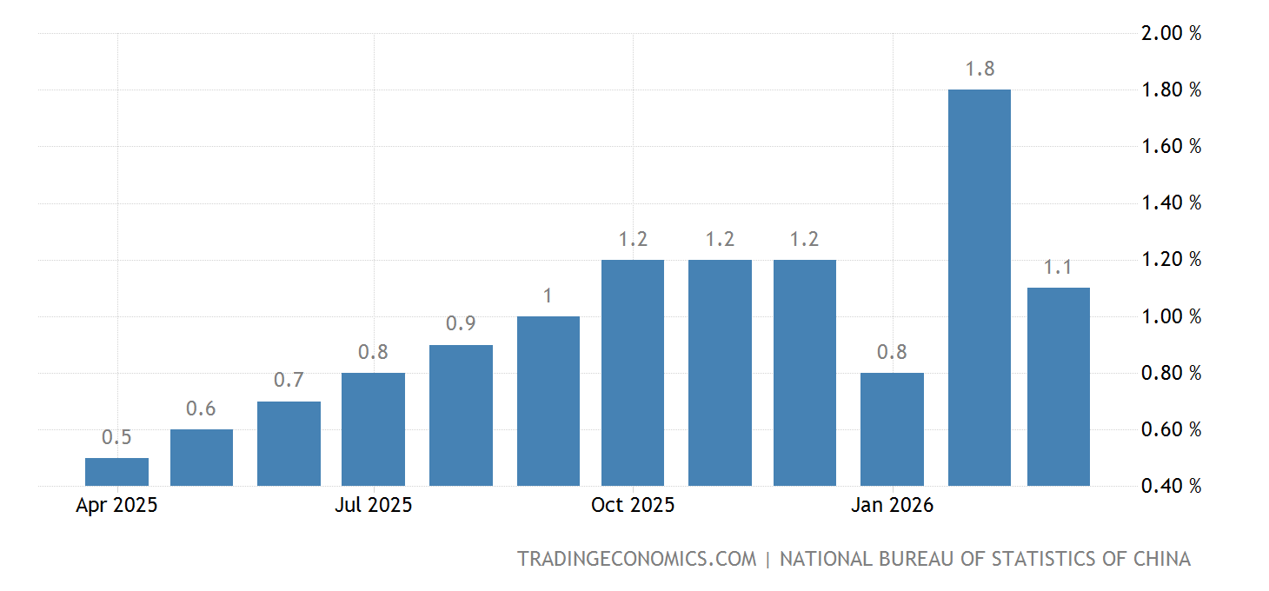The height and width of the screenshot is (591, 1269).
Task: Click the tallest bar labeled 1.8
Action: tap(979, 287)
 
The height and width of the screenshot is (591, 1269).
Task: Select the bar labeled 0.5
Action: tap(116, 472)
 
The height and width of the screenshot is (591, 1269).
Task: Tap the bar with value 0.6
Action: tap(202, 457)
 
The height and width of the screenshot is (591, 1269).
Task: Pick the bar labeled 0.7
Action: tap(289, 443)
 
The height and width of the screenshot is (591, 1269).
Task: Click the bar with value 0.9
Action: tap(461, 415)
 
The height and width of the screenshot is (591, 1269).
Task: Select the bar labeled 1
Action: tap(548, 401)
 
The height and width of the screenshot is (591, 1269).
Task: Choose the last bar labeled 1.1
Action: tap(1058, 387)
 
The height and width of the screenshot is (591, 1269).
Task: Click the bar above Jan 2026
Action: tap(892, 429)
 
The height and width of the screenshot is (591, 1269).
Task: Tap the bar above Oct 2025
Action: tap(633, 373)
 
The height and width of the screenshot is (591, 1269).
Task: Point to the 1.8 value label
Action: tap(980, 69)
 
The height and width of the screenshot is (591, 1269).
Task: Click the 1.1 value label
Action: tap(1059, 267)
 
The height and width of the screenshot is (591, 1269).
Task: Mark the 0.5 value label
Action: tap(116, 437)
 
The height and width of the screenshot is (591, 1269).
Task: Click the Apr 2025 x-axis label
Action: tap(116, 505)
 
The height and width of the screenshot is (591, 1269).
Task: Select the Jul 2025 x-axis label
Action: tap(374, 505)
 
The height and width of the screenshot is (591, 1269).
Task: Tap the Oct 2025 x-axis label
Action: tap(633, 505)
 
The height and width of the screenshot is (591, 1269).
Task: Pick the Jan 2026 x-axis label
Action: tap(893, 505)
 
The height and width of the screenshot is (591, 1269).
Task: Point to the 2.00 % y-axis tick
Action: tap(1171, 33)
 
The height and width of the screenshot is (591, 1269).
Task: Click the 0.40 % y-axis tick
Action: tap(1171, 486)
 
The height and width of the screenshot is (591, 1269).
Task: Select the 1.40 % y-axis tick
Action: tap(1171, 203)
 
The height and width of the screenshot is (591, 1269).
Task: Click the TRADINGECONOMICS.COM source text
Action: tap(637, 559)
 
